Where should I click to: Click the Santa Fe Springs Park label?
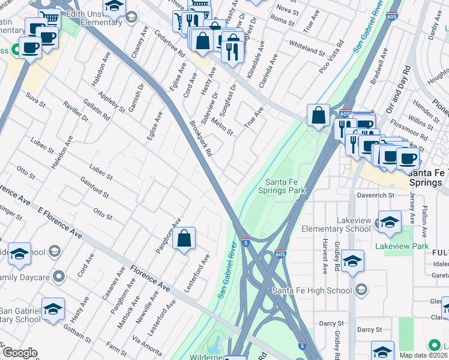pos(282,186)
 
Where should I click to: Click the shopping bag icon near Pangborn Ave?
pos(185,239)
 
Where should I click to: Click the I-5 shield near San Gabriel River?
pos(246,242)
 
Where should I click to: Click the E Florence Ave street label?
pos(60,222)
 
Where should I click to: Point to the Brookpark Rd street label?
pos(201,139)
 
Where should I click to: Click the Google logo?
pos(19,353)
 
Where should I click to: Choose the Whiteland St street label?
pos(306,44)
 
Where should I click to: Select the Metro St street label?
pos(221,127)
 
